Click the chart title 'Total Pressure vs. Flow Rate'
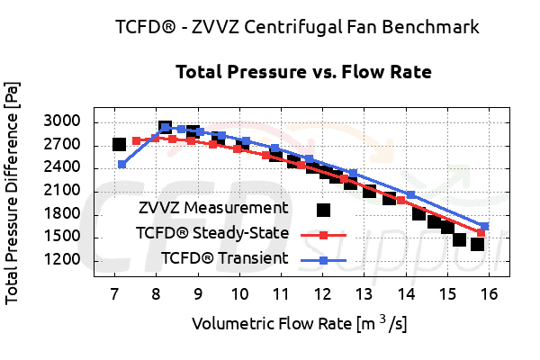[x=303, y=71]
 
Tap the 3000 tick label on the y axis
[x=62, y=121]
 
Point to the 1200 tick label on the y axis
[x=62, y=260]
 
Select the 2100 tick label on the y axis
[x=62, y=191]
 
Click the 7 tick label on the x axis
[x=114, y=295]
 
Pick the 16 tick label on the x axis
[x=489, y=295]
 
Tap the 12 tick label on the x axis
[x=322, y=295]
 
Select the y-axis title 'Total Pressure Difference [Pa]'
[x=13, y=192]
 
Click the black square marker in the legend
[x=323, y=210]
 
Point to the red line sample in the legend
[x=323, y=235]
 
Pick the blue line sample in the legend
[x=323, y=260]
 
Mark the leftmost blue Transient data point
[x=122, y=164]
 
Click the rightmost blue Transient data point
[x=484, y=226]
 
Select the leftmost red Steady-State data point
[x=136, y=140]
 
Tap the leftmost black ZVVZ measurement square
[x=119, y=144]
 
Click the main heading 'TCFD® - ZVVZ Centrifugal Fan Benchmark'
[x=297, y=26]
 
